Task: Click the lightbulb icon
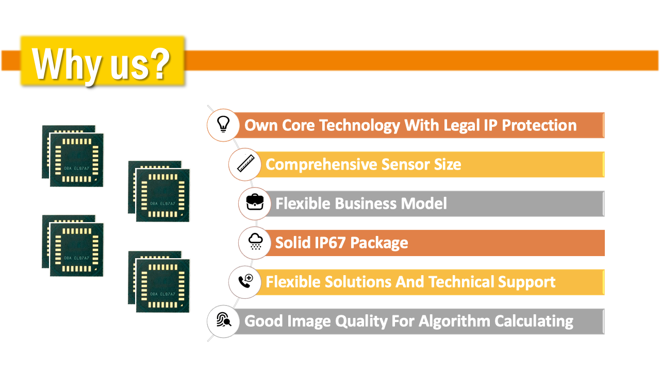click(223, 124)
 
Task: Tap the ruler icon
click(246, 163)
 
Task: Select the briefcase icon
click(255, 202)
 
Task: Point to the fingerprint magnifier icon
click(224, 320)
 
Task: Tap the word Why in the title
click(67, 65)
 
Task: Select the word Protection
click(539, 125)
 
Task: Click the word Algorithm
click(454, 321)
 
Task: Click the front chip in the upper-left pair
click(77, 160)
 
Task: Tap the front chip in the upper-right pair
click(162, 195)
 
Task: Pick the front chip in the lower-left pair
click(77, 250)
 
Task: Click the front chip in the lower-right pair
click(162, 285)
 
